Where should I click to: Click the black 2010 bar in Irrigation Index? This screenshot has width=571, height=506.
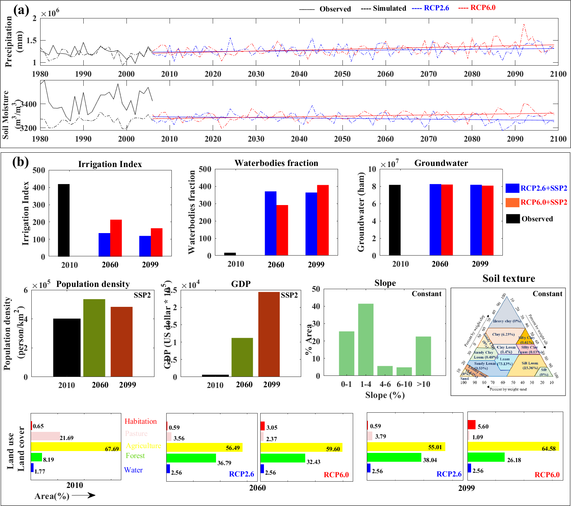coord(64,220)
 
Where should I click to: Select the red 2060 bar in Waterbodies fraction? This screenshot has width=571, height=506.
coord(282,230)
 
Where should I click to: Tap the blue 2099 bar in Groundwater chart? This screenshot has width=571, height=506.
coord(476,220)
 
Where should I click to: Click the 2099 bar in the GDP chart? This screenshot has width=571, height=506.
coord(269,334)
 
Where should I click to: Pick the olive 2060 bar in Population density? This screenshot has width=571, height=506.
coord(94,337)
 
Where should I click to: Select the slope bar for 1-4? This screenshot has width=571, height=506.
coord(366,339)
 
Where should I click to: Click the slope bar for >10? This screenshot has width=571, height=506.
coord(423,356)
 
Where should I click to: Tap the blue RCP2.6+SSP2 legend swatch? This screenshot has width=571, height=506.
coord(512,188)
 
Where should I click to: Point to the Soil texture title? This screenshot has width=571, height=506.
coord(509,278)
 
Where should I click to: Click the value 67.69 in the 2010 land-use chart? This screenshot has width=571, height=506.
coord(112,449)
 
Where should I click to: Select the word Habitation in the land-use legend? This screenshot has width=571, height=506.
coord(140,421)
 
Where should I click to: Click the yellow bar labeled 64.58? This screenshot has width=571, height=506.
coord(513,446)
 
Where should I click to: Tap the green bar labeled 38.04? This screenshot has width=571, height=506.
coord(394,457)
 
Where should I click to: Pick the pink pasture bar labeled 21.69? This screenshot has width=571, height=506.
coord(45,436)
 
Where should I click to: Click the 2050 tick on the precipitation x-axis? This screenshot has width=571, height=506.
coord(342,74)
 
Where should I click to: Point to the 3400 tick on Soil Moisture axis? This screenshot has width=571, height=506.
coord(28,104)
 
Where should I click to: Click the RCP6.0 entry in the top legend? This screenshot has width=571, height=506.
coord(483,8)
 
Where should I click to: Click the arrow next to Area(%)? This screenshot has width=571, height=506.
coord(84,495)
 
